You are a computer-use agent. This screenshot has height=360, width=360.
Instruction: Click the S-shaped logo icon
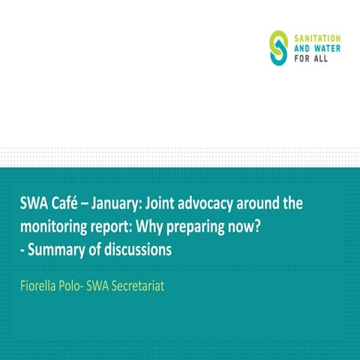click(x=279, y=47)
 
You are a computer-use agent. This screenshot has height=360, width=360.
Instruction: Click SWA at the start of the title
click(x=34, y=204)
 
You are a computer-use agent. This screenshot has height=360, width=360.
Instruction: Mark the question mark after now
click(x=256, y=227)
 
